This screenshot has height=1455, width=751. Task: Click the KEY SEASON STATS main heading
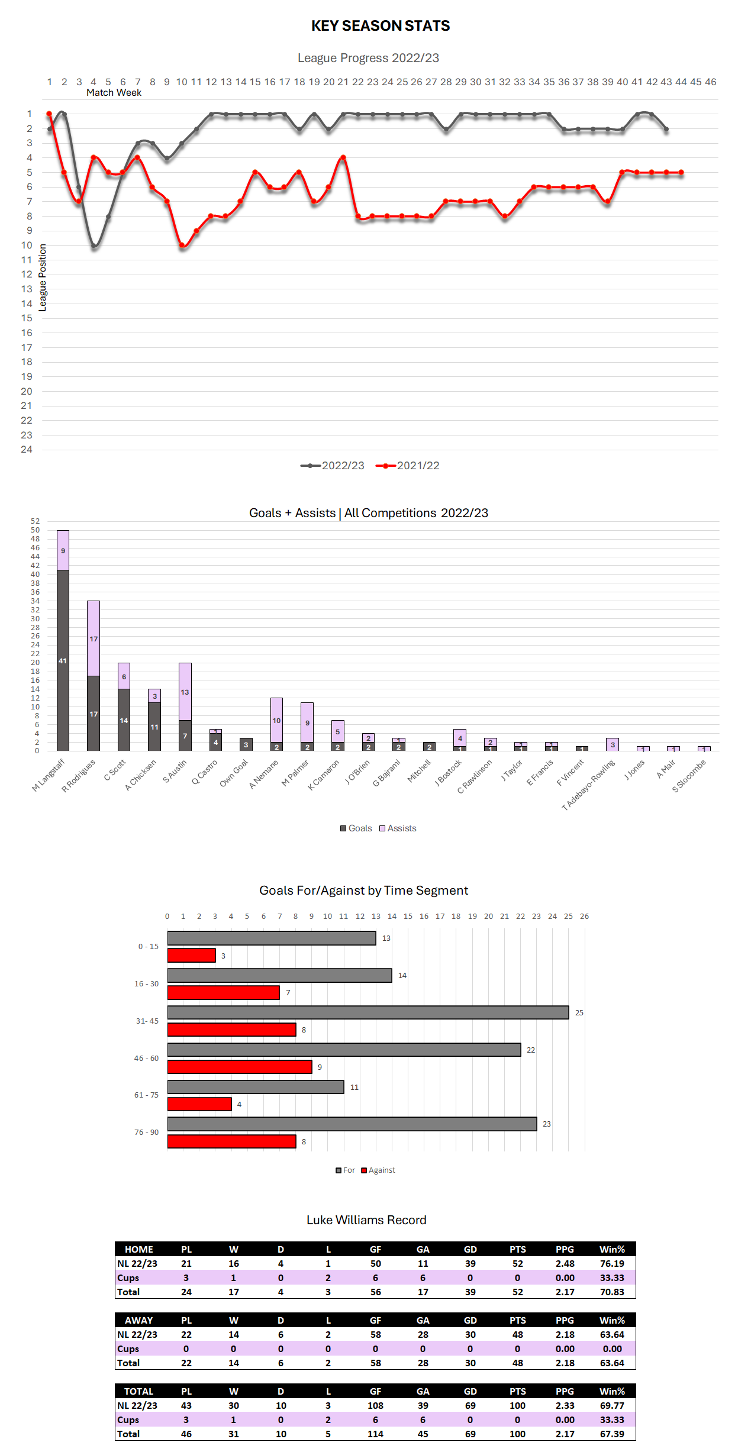(381, 26)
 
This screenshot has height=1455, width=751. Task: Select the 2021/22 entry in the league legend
(408, 466)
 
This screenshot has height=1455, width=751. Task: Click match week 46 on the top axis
(710, 82)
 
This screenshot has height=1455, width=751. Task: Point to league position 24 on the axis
(27, 450)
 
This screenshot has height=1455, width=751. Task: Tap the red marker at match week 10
(182, 245)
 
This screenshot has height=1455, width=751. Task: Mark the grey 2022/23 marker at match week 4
(94, 246)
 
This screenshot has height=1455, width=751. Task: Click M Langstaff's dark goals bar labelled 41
(63, 660)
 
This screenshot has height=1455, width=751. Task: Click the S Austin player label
(175, 771)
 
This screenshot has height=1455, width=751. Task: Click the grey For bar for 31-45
(368, 1012)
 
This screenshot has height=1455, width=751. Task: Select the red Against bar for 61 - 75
(199, 1104)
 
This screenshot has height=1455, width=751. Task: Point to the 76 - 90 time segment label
(146, 1133)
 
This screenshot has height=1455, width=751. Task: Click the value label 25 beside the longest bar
(579, 1013)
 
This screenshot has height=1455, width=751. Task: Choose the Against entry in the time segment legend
(378, 1170)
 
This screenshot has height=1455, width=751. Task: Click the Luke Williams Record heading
(366, 1220)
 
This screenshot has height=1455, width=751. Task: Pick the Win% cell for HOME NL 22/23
(612, 1263)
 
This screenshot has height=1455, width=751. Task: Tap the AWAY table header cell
(138, 1320)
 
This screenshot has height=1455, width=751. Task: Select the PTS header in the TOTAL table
(517, 1391)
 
